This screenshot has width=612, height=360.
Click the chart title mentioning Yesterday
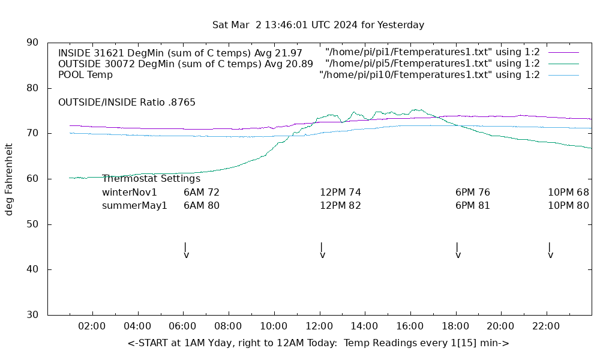(x=318, y=25)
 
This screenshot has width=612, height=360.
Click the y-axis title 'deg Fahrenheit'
(x=9, y=179)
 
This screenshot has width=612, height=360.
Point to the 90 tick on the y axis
(x=33, y=43)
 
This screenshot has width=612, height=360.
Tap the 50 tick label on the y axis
(x=33, y=224)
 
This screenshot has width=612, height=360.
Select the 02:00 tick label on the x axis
(x=92, y=326)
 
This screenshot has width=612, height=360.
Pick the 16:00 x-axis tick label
(x=410, y=326)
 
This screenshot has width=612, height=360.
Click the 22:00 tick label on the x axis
(x=546, y=326)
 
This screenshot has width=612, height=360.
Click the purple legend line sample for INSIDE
(x=563, y=52)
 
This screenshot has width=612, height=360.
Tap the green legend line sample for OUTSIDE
(x=563, y=64)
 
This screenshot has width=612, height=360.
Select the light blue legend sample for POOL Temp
(x=563, y=75)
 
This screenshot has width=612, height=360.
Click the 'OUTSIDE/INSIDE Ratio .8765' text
(x=127, y=103)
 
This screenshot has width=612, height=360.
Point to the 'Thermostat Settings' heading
(x=151, y=179)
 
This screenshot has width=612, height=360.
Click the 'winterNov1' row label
(x=130, y=193)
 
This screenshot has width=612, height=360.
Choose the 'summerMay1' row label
(x=134, y=206)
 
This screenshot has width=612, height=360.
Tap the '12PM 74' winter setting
(x=340, y=193)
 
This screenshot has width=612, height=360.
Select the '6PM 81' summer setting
(x=472, y=206)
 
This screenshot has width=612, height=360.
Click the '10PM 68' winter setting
(x=568, y=193)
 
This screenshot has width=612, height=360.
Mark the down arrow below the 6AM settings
(x=186, y=250)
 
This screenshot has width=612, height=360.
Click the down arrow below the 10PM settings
(x=550, y=250)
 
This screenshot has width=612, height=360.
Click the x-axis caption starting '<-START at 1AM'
(x=318, y=343)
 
